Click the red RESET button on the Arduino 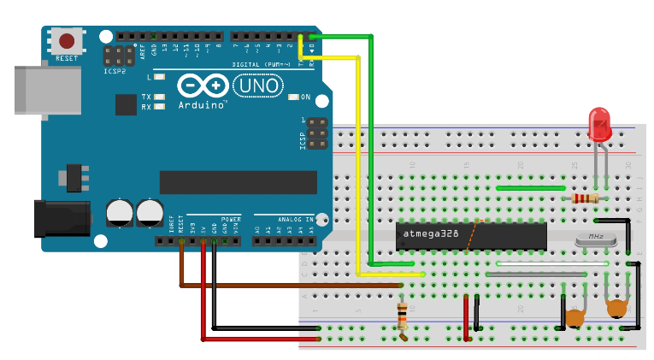(67, 39)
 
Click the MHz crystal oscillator (596, 239)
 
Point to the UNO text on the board (258, 86)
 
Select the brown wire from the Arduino (181, 272)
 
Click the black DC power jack (59, 217)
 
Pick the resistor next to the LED (584, 198)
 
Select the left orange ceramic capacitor (574, 318)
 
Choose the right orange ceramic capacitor (616, 309)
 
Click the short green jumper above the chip (530, 188)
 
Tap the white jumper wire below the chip (547, 263)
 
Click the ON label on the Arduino (305, 97)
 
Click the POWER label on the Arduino (231, 218)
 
